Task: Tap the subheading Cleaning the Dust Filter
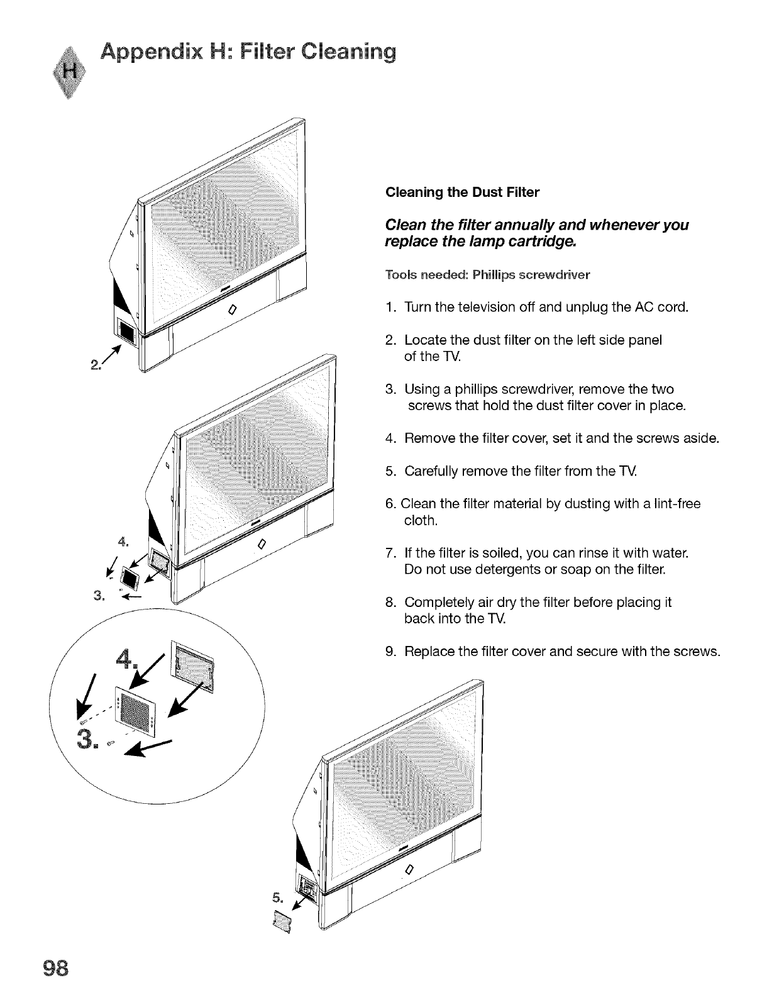[462, 192]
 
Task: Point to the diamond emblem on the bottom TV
[409, 870]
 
